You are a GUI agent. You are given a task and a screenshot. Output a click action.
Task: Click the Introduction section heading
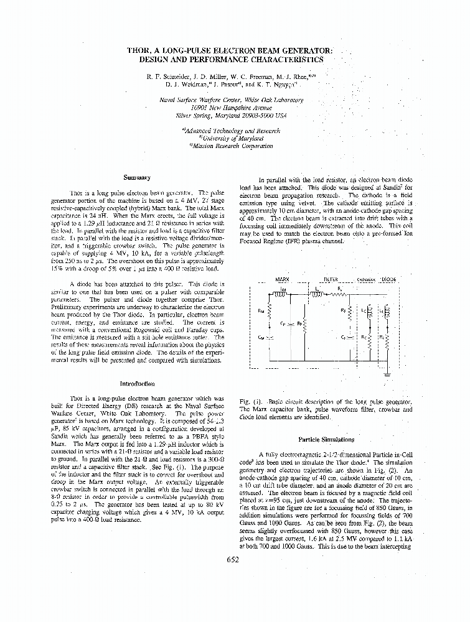(x=137, y=384)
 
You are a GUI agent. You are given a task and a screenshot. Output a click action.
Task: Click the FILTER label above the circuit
(x=330, y=280)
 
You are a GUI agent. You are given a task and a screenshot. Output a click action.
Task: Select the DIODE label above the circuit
(x=390, y=280)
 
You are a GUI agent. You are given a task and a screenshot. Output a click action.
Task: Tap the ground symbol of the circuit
(x=387, y=374)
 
